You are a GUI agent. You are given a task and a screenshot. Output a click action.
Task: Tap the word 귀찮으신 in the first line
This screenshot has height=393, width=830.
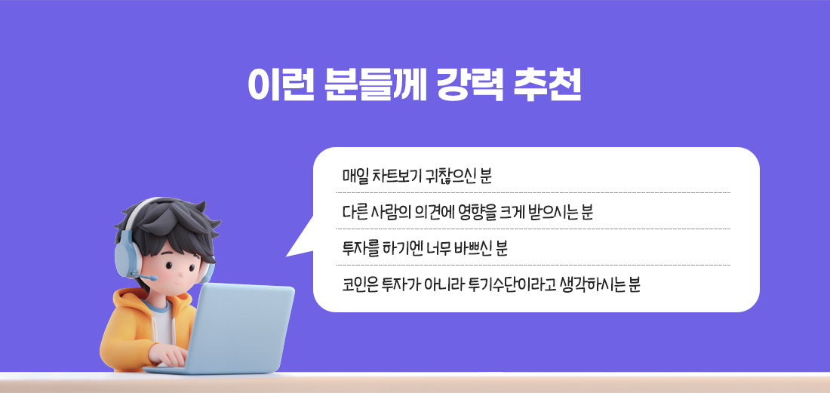[456, 177]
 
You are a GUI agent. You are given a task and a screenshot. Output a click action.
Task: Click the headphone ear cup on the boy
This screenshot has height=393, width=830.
[125, 256]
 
